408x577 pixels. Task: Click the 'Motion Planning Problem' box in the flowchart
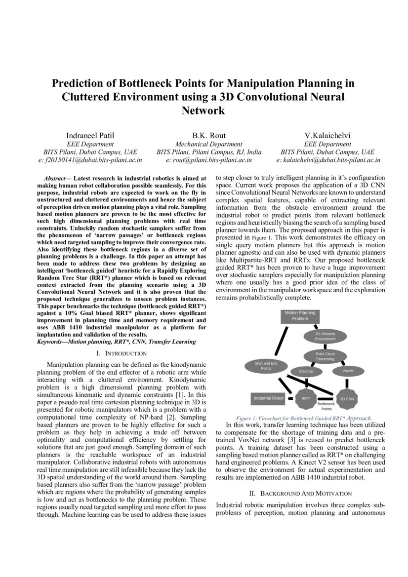[300, 316]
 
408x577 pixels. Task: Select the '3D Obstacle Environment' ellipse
[325, 337]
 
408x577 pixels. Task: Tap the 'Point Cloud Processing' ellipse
[325, 356]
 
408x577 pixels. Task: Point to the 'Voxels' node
[348, 371]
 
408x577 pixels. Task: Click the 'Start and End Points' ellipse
[266, 366]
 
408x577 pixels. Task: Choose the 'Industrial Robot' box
[268, 398]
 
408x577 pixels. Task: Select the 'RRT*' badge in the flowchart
[306, 398]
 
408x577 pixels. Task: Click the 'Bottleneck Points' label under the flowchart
[326, 406]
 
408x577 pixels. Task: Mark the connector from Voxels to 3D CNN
[348, 384]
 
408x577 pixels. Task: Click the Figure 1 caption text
[304, 418]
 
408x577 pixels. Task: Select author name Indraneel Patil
[90, 135]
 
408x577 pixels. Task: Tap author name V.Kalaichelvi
[327, 135]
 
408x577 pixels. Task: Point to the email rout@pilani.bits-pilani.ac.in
[209, 160]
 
